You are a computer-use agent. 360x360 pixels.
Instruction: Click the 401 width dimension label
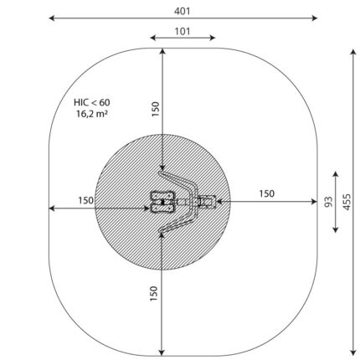183,11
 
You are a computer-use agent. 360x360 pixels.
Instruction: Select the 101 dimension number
183,31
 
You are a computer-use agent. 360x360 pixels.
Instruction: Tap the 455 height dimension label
347,202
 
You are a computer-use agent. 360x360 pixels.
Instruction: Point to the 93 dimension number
329,202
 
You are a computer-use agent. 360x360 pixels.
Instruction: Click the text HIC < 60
92,102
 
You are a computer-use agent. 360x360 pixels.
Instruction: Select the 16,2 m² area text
92,114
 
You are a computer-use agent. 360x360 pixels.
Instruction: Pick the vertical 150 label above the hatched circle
155,109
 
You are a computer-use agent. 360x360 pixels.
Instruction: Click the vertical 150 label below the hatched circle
154,293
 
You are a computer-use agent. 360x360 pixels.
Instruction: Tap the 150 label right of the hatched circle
267,193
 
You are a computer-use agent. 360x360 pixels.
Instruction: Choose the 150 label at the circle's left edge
86,200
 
